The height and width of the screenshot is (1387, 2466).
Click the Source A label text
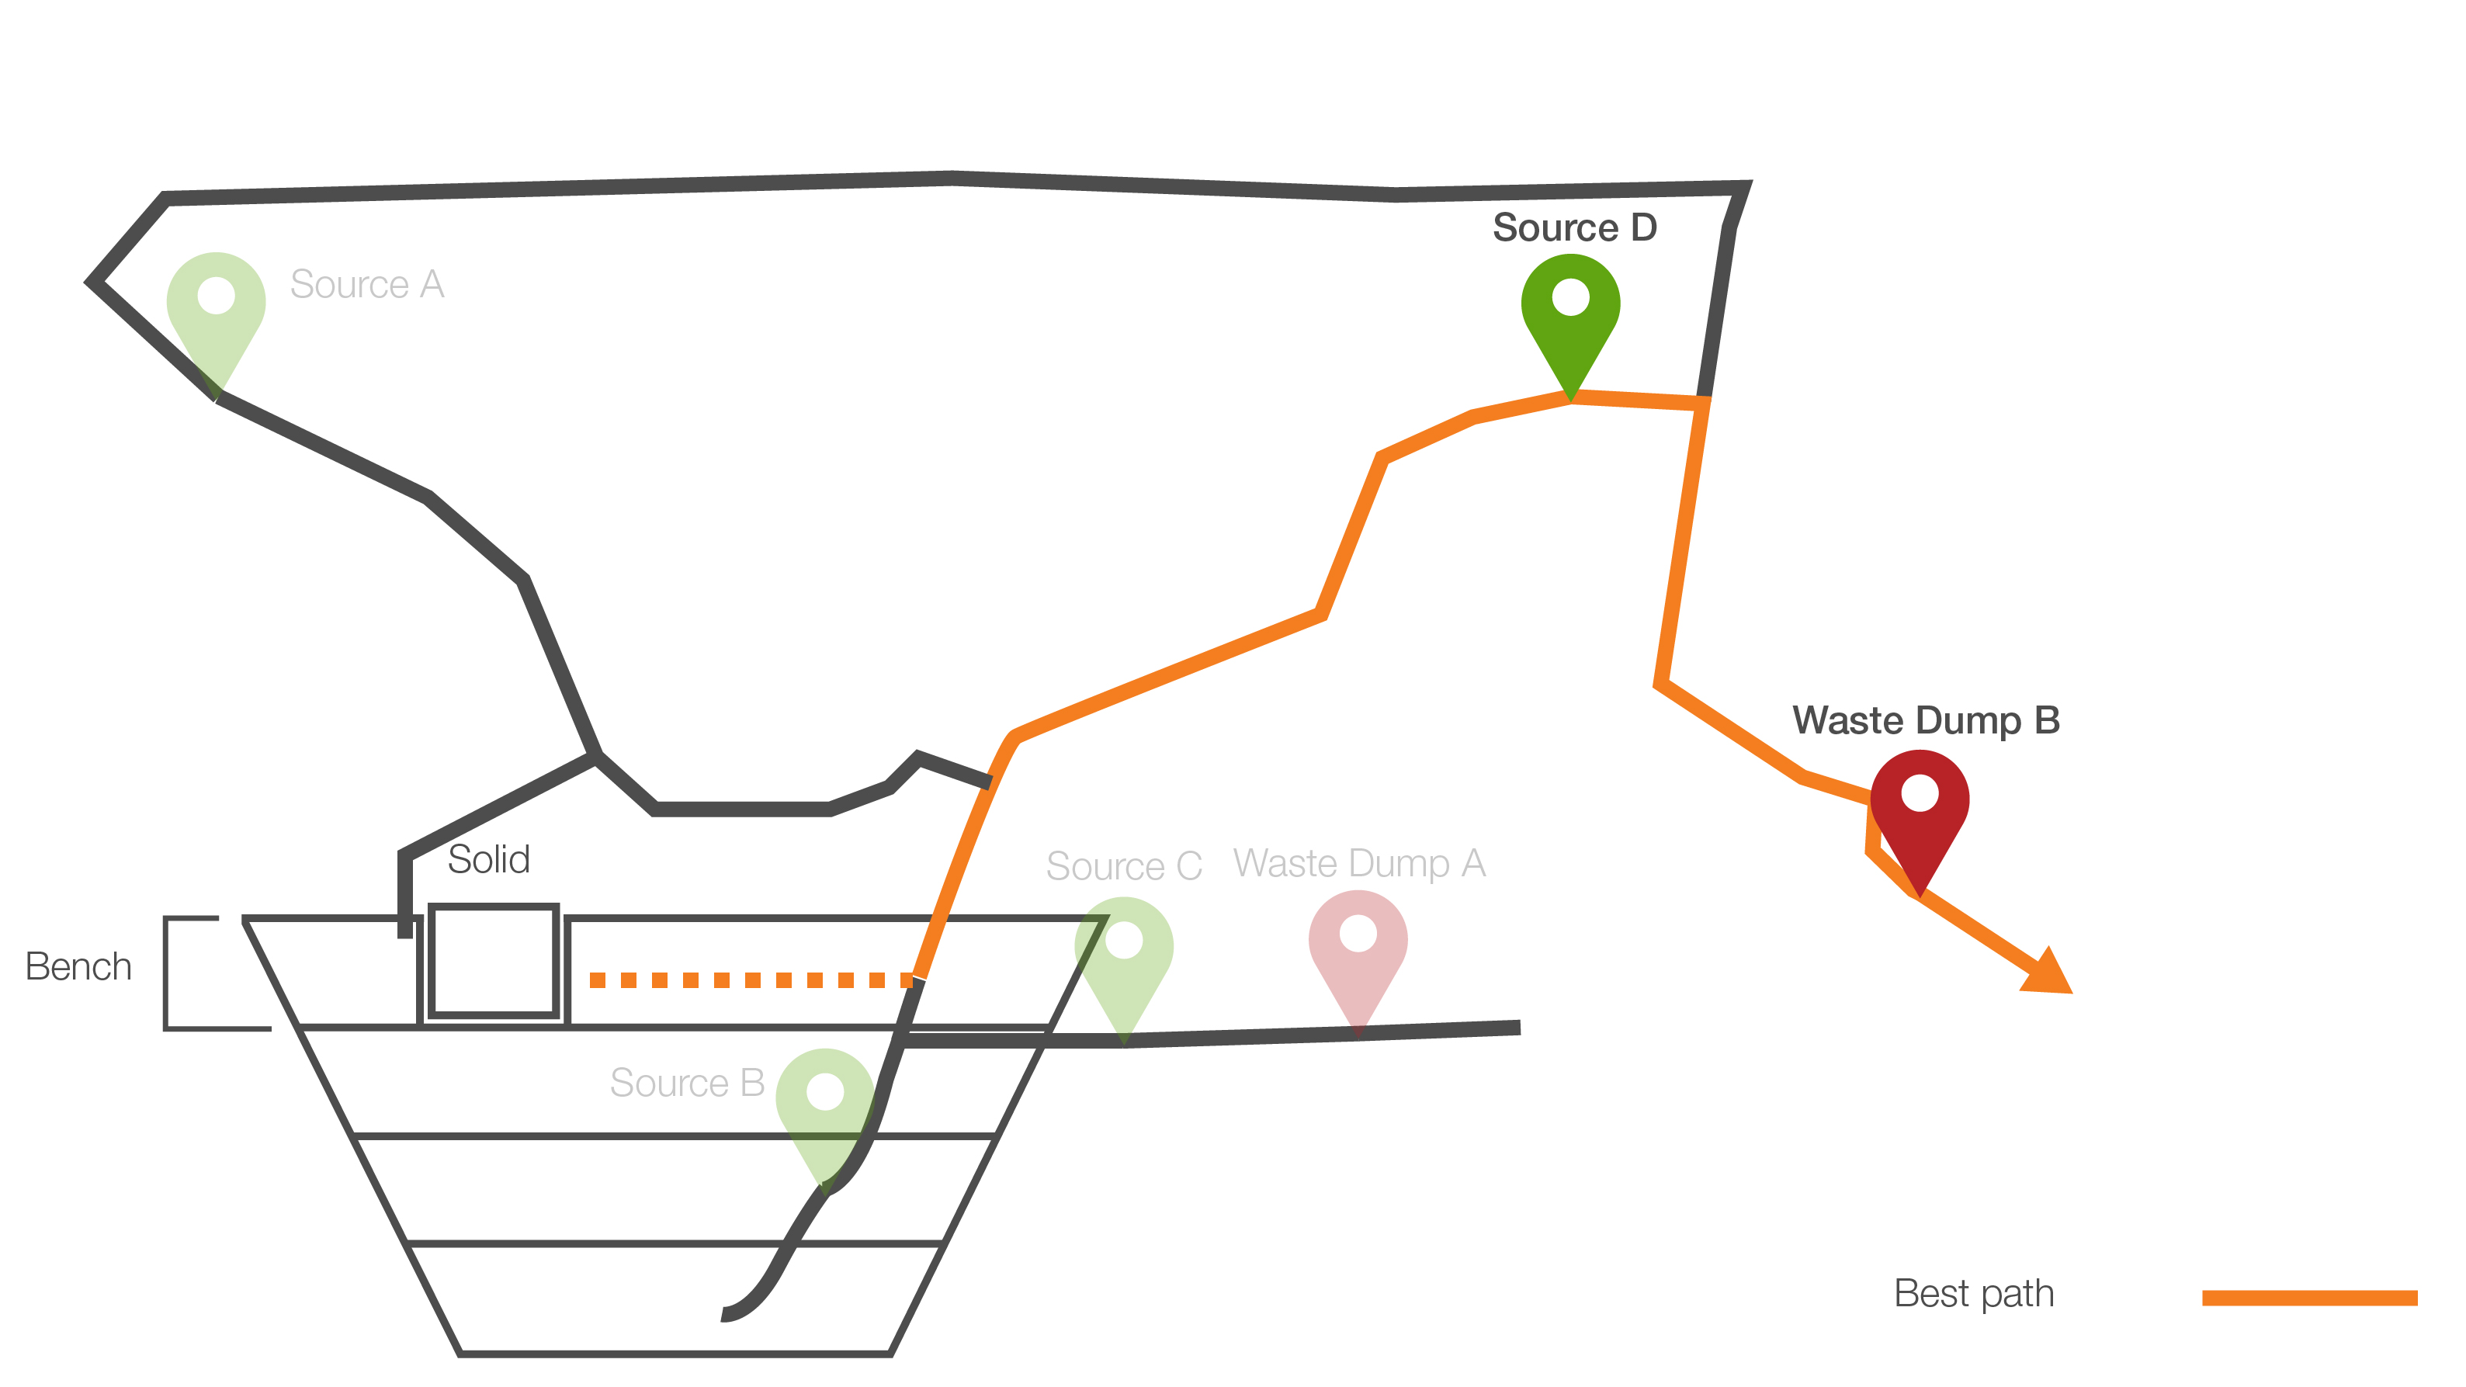(x=366, y=284)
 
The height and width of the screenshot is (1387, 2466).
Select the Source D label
(x=1575, y=228)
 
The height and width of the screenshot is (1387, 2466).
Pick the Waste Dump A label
(x=1359, y=863)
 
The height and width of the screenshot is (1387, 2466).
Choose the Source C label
(x=1124, y=866)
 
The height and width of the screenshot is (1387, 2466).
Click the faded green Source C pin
(x=1124, y=957)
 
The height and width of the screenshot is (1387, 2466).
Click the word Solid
(x=488, y=859)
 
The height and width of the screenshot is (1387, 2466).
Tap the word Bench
(x=78, y=967)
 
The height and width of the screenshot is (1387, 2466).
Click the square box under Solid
(x=493, y=960)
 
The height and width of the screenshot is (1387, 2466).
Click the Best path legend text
(x=1974, y=1293)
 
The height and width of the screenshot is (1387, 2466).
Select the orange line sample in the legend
(x=2309, y=1298)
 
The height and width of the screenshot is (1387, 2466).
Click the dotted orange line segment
(x=751, y=980)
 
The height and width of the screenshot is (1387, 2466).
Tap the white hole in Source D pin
(x=1570, y=296)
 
